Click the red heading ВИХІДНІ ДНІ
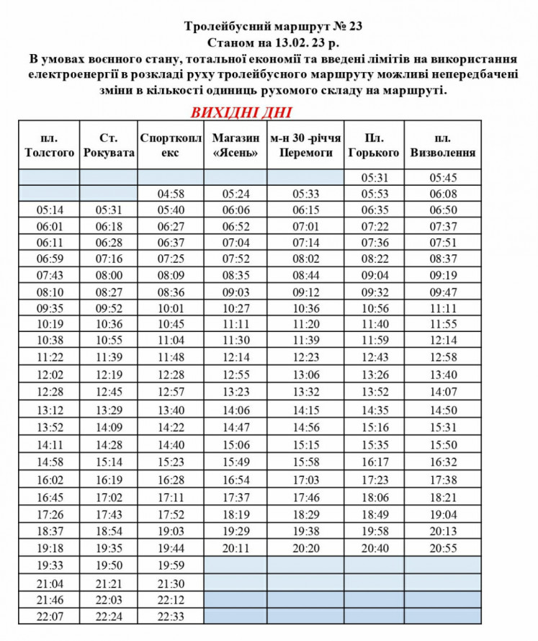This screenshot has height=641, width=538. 241,113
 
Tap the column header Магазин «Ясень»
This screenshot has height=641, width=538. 236,145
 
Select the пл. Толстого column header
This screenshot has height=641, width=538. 49,145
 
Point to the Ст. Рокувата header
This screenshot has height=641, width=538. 108,145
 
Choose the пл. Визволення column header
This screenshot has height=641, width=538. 442,145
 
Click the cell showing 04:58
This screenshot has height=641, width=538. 171,194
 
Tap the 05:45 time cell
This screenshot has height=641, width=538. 442,178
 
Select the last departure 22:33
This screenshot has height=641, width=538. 171,616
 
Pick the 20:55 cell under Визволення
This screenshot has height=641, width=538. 442,548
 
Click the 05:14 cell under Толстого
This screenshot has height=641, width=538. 49,210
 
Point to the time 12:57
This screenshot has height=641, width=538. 171,391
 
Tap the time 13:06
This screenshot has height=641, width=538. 306,375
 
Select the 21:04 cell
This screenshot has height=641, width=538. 49,583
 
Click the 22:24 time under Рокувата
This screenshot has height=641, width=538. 108,616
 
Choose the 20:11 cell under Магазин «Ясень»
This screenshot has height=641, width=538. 236,548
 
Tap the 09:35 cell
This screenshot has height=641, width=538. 49,308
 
